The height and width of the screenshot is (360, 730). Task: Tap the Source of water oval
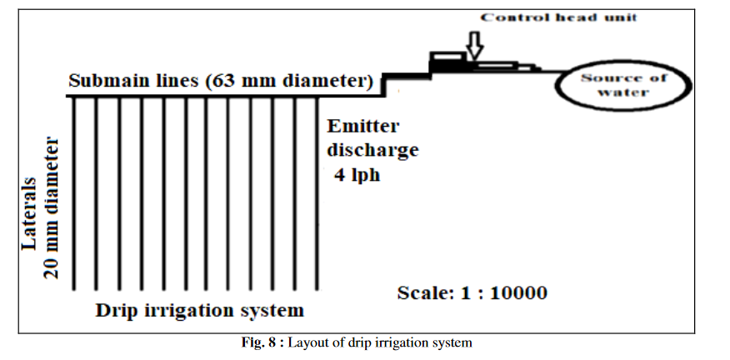(x=623, y=85)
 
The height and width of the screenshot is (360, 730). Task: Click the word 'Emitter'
(x=363, y=127)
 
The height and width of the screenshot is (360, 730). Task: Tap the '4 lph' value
(x=357, y=176)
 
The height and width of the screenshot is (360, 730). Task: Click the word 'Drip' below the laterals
(x=112, y=312)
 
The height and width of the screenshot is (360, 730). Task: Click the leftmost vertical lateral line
(x=76, y=192)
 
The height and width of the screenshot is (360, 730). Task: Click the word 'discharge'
(x=372, y=151)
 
